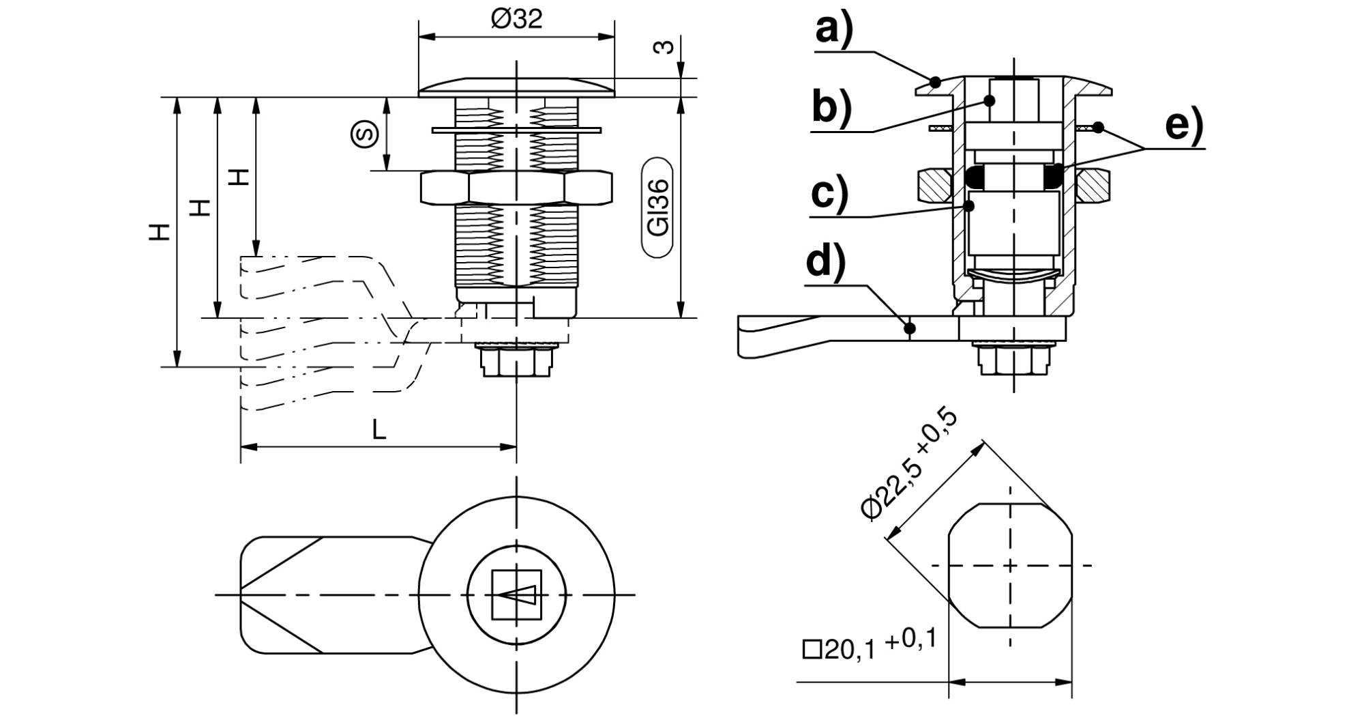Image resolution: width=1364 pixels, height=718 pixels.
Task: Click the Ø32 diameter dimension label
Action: pyautogui.click(x=516, y=18)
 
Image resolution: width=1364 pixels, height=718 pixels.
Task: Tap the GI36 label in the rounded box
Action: pyautogui.click(x=659, y=207)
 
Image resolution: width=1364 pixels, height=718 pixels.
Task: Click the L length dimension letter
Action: pyautogui.click(x=379, y=429)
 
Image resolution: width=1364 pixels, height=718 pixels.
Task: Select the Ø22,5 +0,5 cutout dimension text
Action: pyautogui.click(x=910, y=466)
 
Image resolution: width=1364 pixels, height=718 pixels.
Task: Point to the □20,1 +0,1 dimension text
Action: pyautogui.click(x=870, y=646)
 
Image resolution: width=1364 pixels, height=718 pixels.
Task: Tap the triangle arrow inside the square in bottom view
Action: pyautogui.click(x=516, y=595)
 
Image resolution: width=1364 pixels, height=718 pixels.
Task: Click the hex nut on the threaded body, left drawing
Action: pyautogui.click(x=516, y=188)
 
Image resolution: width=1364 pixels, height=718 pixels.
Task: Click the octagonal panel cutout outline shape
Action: pyautogui.click(x=1009, y=565)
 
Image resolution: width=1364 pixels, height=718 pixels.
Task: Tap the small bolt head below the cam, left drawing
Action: pyautogui.click(x=516, y=360)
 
